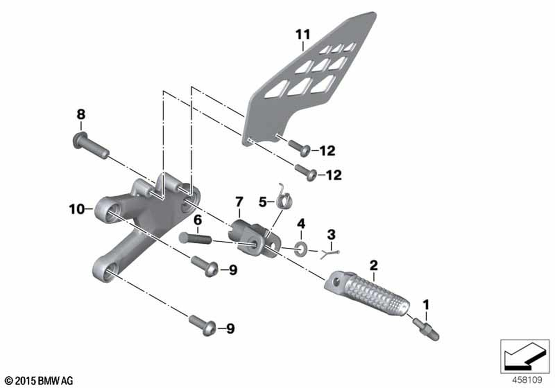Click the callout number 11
tap(303, 34)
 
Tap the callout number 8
tap(81, 115)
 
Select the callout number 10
tap(77, 209)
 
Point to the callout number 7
tap(240, 202)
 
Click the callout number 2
tap(374, 265)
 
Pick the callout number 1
tap(426, 304)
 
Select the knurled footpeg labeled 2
tap(367, 294)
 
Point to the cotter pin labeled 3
tap(330, 253)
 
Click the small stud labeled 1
tap(426, 329)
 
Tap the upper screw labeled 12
tap(300, 147)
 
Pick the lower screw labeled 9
tap(203, 325)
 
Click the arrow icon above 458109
tap(524, 356)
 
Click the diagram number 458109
tap(527, 380)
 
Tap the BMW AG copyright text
tap(39, 381)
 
